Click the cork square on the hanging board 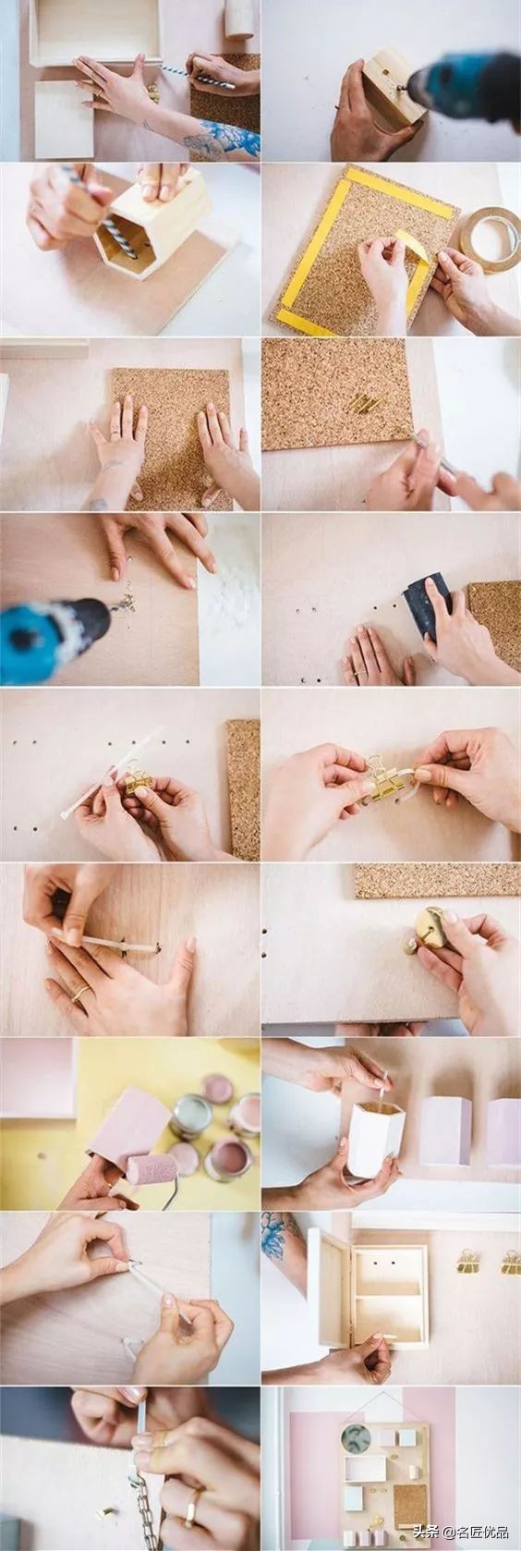410,1486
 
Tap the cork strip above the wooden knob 437,879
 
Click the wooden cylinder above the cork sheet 239,18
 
